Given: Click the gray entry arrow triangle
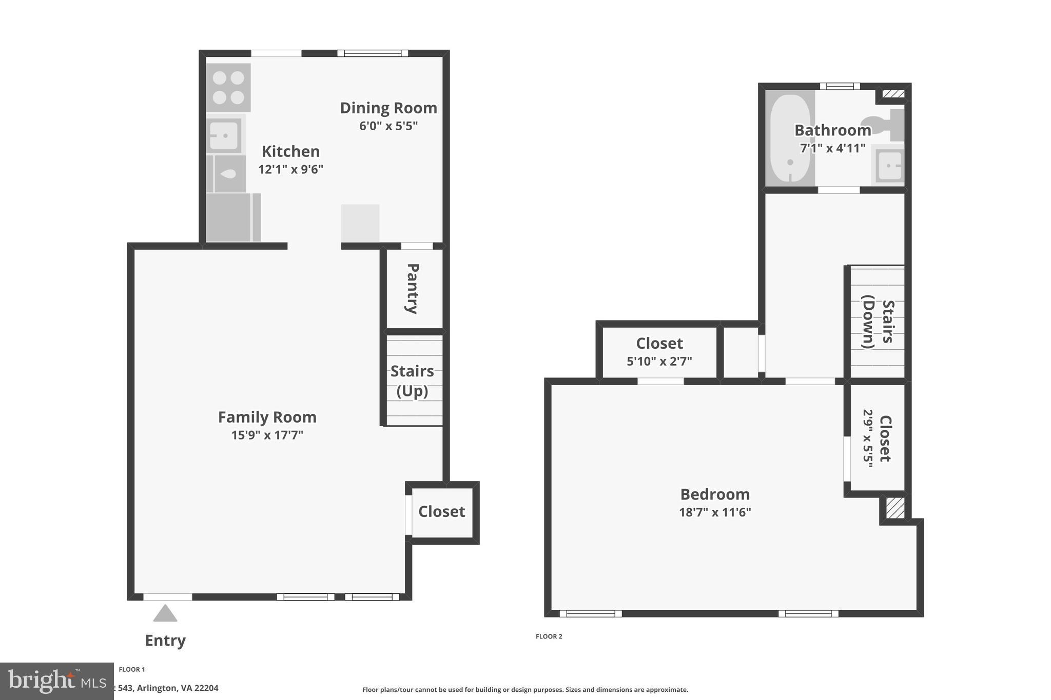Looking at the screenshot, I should [x=165, y=614].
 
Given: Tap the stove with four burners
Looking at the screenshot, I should [x=228, y=87].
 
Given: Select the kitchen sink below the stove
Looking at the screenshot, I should [x=224, y=135].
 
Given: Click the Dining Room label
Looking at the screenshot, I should [x=388, y=108].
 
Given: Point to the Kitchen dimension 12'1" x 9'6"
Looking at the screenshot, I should [x=290, y=169].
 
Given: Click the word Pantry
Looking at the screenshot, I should [x=413, y=288].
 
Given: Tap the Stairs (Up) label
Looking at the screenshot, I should [x=412, y=381].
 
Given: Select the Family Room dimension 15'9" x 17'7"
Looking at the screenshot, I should [x=267, y=435].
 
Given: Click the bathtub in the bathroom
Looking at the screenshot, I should [x=790, y=139].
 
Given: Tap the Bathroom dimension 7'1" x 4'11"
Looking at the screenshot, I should [x=832, y=149].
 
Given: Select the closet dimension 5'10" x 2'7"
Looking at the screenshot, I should [x=659, y=362].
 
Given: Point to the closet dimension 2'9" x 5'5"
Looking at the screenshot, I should [x=868, y=438].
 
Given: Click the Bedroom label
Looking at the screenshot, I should [x=715, y=494].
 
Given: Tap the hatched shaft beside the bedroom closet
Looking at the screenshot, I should [x=895, y=508].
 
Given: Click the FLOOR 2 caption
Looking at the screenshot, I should [x=549, y=636].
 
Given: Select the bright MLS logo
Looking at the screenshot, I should [x=56, y=681].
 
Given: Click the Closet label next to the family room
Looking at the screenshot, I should [x=441, y=512].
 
